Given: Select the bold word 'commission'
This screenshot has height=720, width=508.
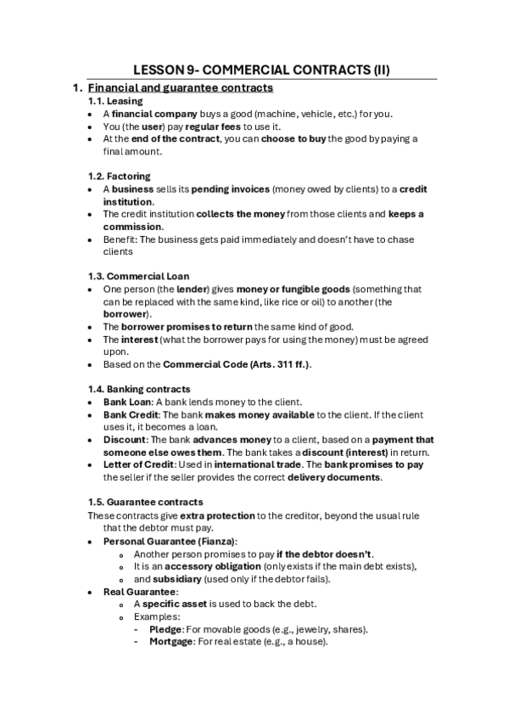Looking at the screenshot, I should [132, 227].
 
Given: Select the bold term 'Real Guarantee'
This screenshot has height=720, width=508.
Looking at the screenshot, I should [139, 592].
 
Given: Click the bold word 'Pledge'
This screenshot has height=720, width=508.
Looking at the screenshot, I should [165, 630].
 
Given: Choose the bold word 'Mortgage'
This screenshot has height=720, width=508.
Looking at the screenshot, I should [171, 643].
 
